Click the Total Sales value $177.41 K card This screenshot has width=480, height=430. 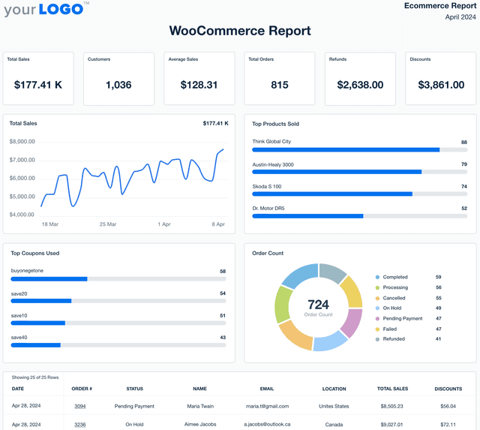click(x=38, y=85)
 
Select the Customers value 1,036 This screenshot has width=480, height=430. click(x=118, y=85)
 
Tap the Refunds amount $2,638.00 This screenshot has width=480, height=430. click(x=360, y=85)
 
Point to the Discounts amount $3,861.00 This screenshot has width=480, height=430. click(x=441, y=85)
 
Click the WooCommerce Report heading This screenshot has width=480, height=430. click(x=240, y=31)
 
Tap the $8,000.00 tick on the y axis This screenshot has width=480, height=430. click(x=22, y=141)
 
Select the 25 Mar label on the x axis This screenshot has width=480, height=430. click(x=108, y=224)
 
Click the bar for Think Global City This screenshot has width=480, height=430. click(x=346, y=150)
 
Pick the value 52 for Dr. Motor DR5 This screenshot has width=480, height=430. click(x=463, y=208)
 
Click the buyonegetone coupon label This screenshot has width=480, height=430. click(x=27, y=271)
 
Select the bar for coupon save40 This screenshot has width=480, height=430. click(x=35, y=345)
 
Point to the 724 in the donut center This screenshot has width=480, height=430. click(x=318, y=305)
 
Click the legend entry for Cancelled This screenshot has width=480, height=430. click(x=394, y=298)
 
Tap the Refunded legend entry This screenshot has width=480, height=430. click(x=394, y=339)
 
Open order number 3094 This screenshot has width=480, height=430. click(x=80, y=406)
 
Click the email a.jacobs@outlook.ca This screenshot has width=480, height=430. click(x=266, y=424)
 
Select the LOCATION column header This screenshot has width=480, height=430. click(x=334, y=389)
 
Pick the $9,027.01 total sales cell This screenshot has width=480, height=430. click(x=391, y=424)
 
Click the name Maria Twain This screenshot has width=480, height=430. click(x=199, y=406)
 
